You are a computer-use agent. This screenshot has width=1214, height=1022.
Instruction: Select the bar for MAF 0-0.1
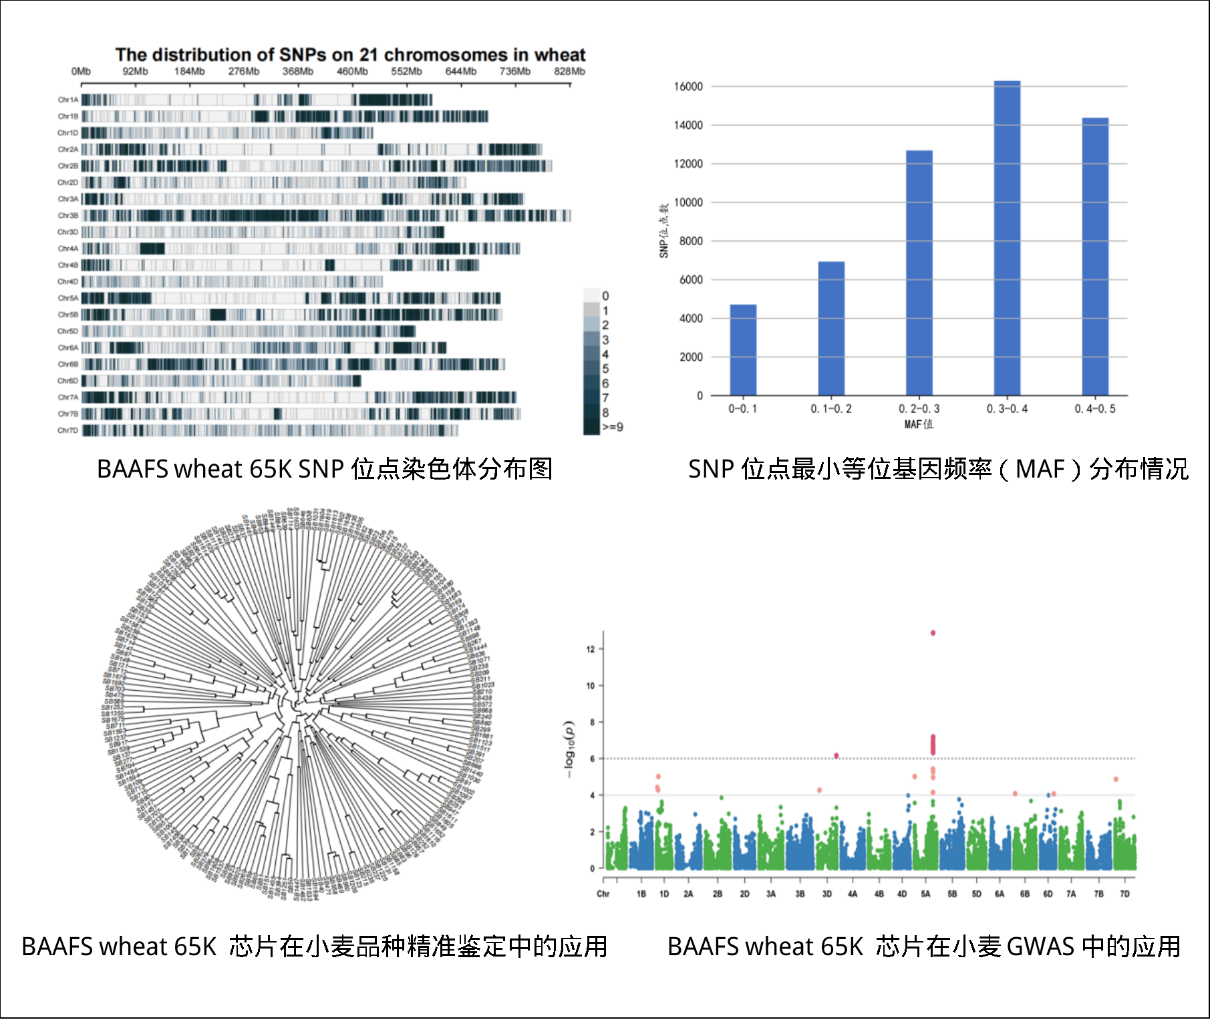[x=743, y=350]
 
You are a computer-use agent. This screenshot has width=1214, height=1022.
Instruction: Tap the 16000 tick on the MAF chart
[x=688, y=87]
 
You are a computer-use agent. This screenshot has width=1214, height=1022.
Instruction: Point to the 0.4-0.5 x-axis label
[x=1094, y=409]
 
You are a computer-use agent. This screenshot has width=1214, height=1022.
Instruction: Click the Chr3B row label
[x=68, y=216]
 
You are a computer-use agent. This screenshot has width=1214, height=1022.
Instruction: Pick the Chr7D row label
[x=68, y=431]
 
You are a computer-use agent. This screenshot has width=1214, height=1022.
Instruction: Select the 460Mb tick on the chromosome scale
[x=352, y=71]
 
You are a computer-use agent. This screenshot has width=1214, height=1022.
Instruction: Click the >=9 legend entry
[x=612, y=428]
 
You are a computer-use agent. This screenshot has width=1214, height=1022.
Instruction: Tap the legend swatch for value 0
[x=591, y=296]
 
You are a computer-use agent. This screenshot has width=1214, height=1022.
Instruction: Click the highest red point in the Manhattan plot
[x=933, y=633]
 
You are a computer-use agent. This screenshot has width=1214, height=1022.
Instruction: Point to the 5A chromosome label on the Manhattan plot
[x=925, y=894]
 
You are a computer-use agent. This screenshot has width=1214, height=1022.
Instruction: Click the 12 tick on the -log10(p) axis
[x=590, y=649]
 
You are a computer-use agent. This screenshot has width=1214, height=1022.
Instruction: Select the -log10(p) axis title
[x=569, y=749]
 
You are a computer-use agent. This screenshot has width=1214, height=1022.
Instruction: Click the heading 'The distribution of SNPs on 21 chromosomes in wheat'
[x=350, y=55]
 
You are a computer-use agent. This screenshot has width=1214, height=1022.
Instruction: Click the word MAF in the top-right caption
[x=1040, y=469]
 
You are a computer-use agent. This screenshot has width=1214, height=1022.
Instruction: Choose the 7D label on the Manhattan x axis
[x=1124, y=894]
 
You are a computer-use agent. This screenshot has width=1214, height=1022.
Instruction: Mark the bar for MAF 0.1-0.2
[x=831, y=329]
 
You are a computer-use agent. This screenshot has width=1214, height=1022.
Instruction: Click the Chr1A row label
[x=68, y=100]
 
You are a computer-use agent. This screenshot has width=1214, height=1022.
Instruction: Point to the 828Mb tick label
[x=569, y=71]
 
